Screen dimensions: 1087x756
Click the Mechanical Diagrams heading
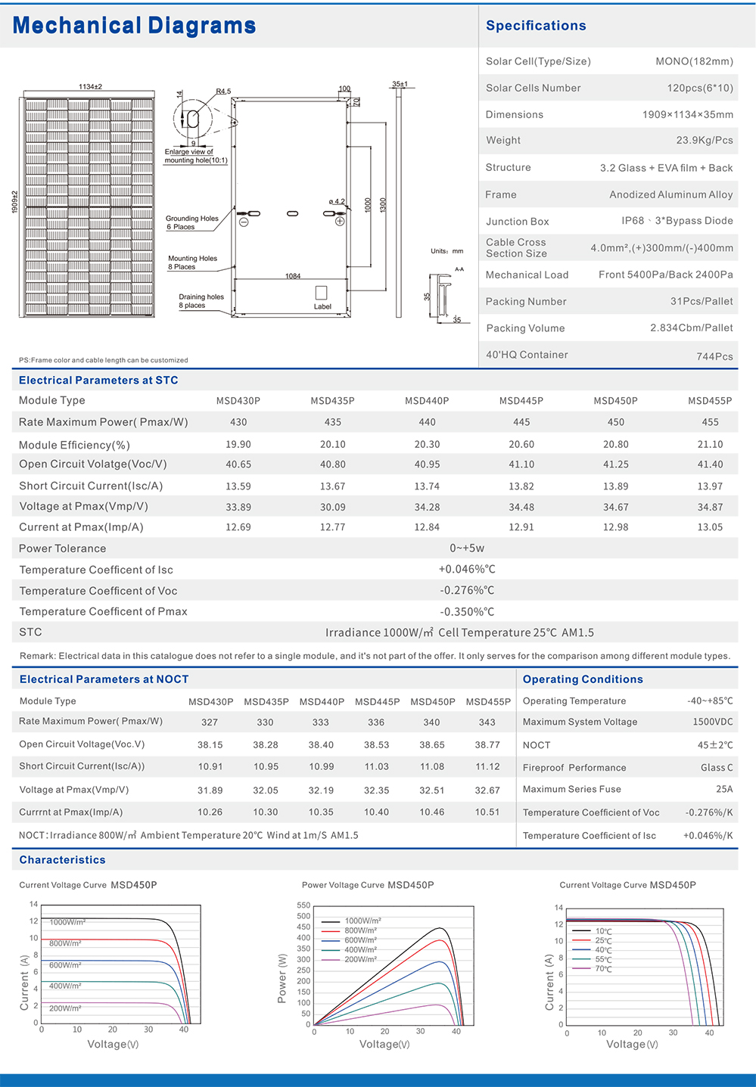pyautogui.click(x=134, y=26)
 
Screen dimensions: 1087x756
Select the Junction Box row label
pyautogui.click(x=517, y=222)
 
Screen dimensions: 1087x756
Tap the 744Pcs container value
pyautogui.click(x=714, y=356)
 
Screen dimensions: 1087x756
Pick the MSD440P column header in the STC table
pyautogui.click(x=427, y=401)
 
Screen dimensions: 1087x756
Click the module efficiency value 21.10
pyautogui.click(x=710, y=445)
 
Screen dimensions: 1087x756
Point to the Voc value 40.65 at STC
pyautogui.click(x=238, y=464)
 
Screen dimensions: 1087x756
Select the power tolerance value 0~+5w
pyautogui.click(x=467, y=548)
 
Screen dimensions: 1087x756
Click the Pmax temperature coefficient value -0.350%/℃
pyautogui.click(x=467, y=612)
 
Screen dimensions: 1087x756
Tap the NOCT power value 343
pyautogui.click(x=487, y=722)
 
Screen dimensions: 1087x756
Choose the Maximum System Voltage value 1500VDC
pyautogui.click(x=712, y=722)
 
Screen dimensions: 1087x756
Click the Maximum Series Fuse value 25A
pyautogui.click(x=724, y=789)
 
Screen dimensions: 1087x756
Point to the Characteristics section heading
pyautogui.click(x=62, y=860)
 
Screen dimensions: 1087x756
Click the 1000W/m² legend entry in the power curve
pyautogui.click(x=362, y=921)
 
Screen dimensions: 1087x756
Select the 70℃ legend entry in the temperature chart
pyautogui.click(x=603, y=969)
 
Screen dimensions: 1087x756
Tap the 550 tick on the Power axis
pyautogui.click(x=303, y=905)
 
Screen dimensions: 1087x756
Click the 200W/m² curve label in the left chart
pyautogui.click(x=66, y=1008)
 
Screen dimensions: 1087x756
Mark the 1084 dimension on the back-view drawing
pyautogui.click(x=293, y=276)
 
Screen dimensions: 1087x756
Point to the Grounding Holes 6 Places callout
pyautogui.click(x=191, y=222)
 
